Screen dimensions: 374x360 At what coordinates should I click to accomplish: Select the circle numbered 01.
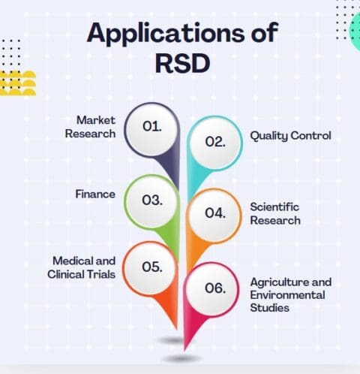[152, 126]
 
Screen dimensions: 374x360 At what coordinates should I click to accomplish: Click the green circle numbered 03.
[152, 201]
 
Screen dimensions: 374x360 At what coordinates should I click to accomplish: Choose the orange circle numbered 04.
[215, 213]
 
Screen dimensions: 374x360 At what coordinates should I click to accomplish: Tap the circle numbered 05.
[152, 267]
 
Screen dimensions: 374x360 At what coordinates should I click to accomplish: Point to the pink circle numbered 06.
[215, 287]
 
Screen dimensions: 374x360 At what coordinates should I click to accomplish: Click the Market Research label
[95, 127]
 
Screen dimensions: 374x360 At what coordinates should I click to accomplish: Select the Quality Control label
[290, 136]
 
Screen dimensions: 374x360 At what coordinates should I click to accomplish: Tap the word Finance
[95, 195]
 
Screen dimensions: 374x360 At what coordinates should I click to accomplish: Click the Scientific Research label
[275, 213]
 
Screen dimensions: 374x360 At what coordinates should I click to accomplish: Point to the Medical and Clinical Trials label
[83, 267]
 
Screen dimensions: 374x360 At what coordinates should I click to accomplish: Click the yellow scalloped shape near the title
[17, 83]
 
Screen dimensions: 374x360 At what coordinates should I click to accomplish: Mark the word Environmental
[288, 294]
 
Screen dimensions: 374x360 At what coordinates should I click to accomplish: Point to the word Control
[311, 136]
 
